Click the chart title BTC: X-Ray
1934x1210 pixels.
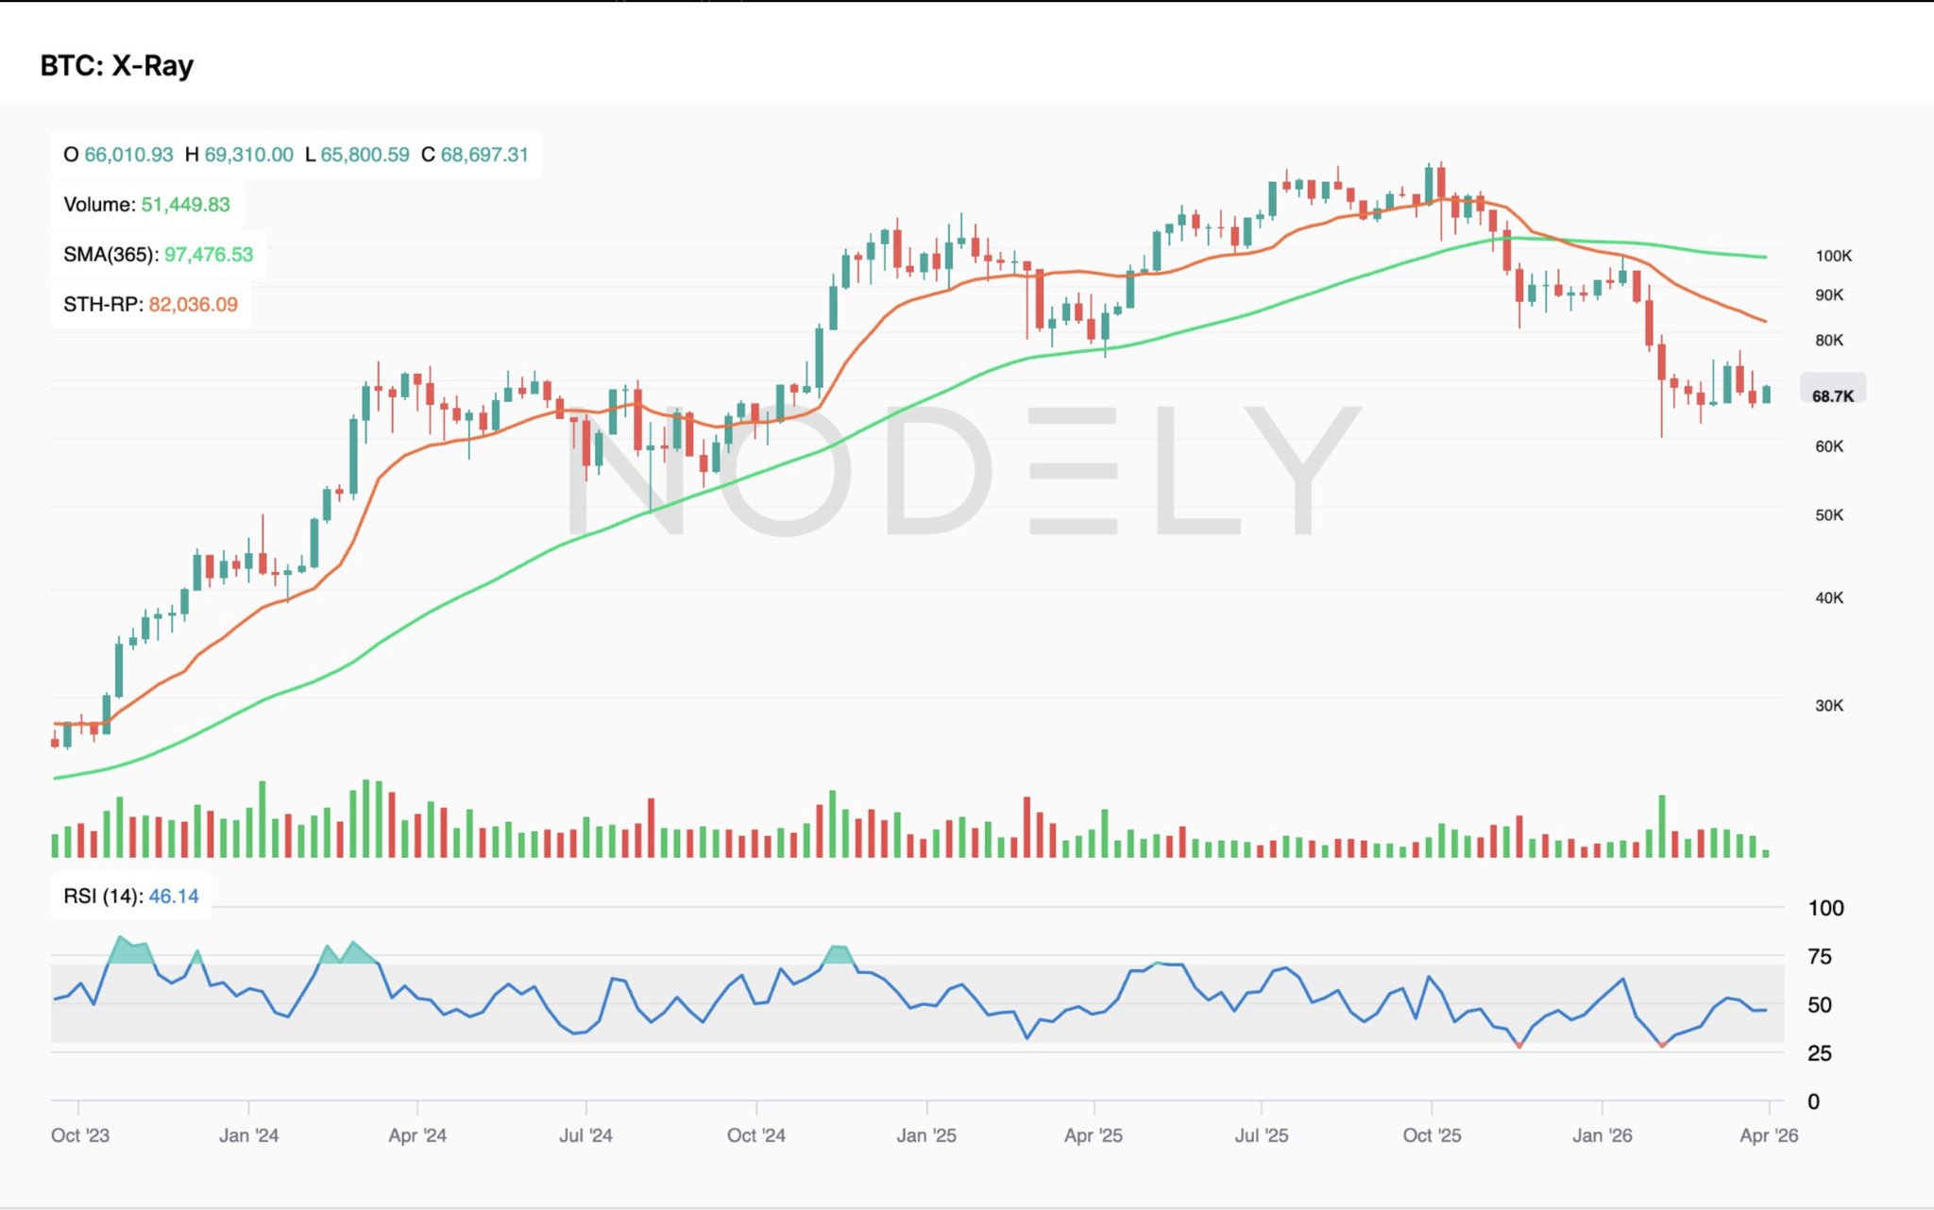pyautogui.click(x=116, y=65)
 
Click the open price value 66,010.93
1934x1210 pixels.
pyautogui.click(x=128, y=155)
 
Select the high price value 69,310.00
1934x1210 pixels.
pyautogui.click(x=248, y=155)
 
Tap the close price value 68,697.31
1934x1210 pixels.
pyautogui.click(x=484, y=155)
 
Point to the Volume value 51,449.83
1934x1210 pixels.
pyautogui.click(x=185, y=205)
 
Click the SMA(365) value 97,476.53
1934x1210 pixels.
pyautogui.click(x=209, y=255)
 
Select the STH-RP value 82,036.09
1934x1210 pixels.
pyautogui.click(x=193, y=305)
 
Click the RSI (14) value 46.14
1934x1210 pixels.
pyautogui.click(x=174, y=897)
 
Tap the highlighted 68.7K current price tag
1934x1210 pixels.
pyautogui.click(x=1832, y=396)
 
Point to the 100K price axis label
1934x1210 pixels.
pyautogui.click(x=1833, y=256)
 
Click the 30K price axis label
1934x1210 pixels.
pyautogui.click(x=1828, y=706)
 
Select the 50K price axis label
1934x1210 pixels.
pyautogui.click(x=1828, y=515)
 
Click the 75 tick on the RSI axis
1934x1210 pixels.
pyautogui.click(x=1819, y=957)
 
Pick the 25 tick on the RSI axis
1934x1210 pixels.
pyautogui.click(x=1819, y=1053)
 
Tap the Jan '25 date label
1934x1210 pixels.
pyautogui.click(x=925, y=1135)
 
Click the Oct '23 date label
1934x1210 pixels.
pyautogui.click(x=80, y=1135)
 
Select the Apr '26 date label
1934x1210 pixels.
pyautogui.click(x=1768, y=1135)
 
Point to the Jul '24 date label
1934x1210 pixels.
pyautogui.click(x=585, y=1135)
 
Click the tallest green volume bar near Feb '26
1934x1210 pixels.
pyautogui.click(x=1661, y=827)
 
